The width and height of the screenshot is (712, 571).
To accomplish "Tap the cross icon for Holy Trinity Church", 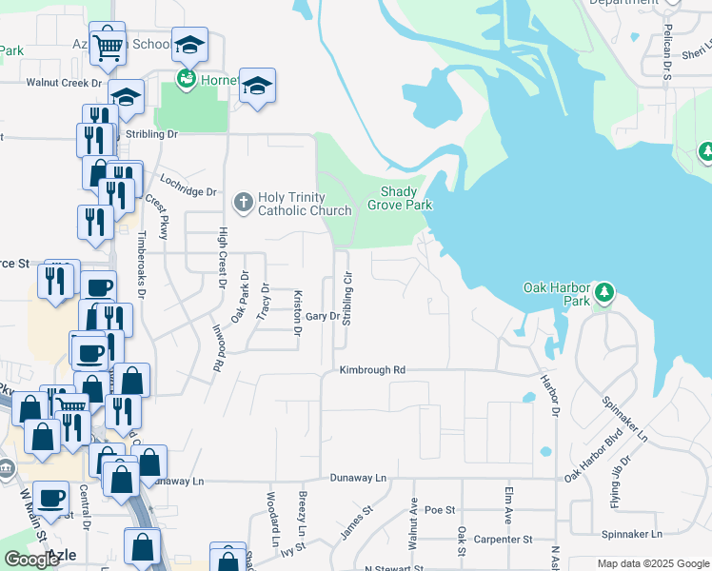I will (243, 201).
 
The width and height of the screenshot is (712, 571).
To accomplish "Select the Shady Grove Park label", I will (400, 198).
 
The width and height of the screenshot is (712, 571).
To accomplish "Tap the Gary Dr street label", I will (322, 316).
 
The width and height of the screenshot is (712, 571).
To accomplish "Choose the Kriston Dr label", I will (297, 313).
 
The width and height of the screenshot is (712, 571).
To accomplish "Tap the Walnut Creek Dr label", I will (62, 83).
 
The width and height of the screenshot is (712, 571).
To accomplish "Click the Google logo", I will (31, 560).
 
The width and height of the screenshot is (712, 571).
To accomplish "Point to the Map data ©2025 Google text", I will (653, 563).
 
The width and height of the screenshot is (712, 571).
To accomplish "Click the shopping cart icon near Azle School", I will (108, 45).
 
